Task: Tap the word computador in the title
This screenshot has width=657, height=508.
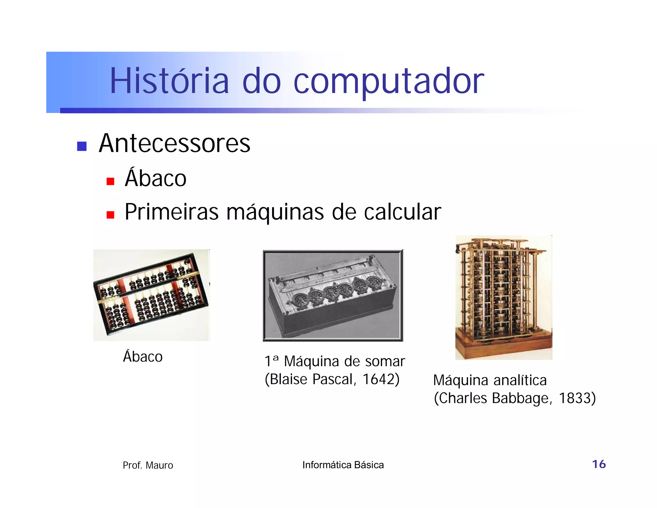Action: tap(388, 82)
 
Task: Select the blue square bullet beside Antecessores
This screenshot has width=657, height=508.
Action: tap(82, 146)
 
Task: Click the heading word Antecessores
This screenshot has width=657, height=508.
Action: tap(175, 143)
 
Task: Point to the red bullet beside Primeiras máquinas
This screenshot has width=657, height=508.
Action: tap(110, 215)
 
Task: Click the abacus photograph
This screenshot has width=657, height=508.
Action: tap(151, 295)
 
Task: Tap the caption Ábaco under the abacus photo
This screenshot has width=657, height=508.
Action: tap(143, 356)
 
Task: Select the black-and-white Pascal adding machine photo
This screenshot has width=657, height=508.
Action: tap(333, 295)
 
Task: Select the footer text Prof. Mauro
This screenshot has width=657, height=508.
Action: tap(148, 465)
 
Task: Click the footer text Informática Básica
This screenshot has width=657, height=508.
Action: tap(343, 465)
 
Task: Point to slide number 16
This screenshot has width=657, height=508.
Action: tap(599, 464)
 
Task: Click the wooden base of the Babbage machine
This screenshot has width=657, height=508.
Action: tap(503, 348)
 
